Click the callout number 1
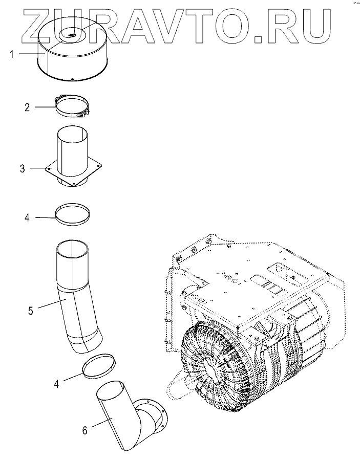11,54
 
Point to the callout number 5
30,310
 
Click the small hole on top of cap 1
70,35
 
